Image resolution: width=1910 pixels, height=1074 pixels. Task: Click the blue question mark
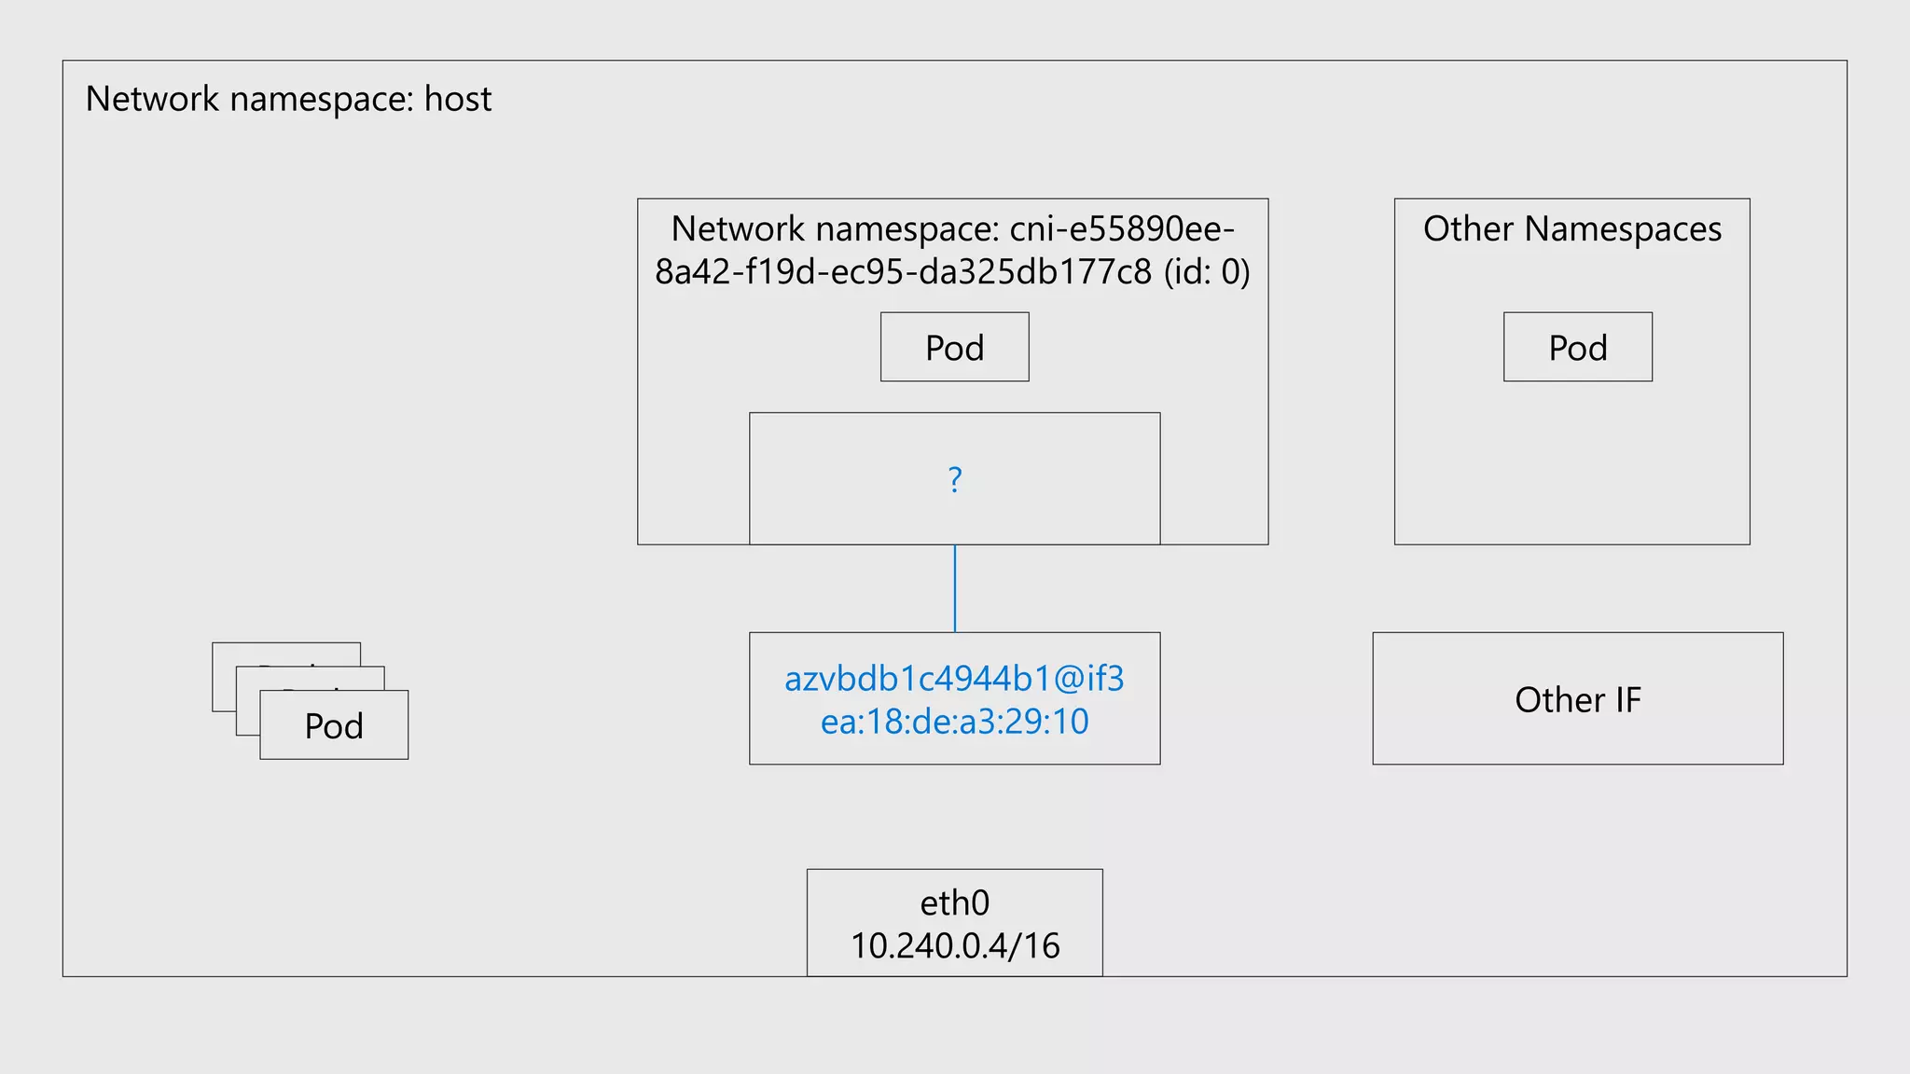tap(954, 479)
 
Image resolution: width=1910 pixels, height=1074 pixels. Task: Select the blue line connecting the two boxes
tap(954, 588)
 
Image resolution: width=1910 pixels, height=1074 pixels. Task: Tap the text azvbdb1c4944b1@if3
tap(954, 679)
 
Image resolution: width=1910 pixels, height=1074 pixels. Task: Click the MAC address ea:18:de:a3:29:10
tap(954, 722)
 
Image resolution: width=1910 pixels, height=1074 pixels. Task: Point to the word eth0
tap(954, 902)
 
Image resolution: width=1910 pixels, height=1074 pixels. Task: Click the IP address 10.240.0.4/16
tap(954, 945)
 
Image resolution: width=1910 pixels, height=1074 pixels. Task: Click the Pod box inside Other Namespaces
tap(1577, 347)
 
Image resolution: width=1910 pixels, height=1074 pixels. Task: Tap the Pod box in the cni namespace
tap(954, 347)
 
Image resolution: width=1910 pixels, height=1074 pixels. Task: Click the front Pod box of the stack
tap(334, 725)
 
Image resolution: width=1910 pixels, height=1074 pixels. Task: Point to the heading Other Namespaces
tap(1571, 228)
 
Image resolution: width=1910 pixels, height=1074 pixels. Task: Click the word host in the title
tap(457, 99)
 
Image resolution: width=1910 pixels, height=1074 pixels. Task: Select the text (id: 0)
tap(1206, 271)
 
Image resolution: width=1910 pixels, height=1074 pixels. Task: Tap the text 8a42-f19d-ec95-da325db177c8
tap(903, 271)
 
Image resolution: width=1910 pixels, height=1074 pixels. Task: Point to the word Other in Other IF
tap(1545, 699)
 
